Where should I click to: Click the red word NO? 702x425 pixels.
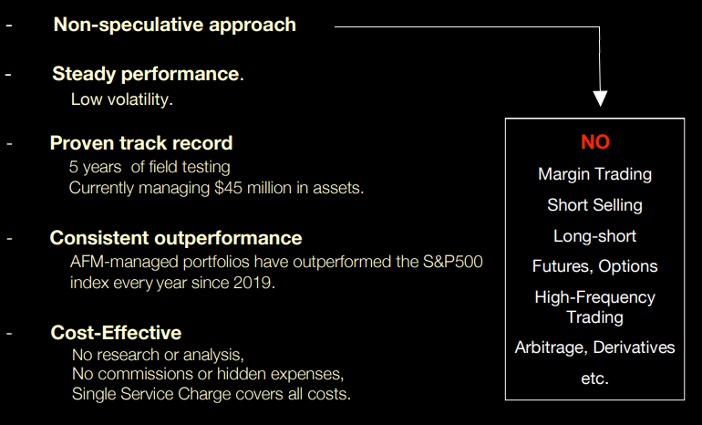tap(595, 142)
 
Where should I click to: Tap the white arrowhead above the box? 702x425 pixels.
tap(600, 98)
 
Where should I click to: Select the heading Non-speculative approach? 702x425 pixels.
tap(175, 25)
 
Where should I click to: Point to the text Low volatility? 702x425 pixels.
tap(122, 99)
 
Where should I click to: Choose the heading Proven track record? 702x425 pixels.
tap(141, 143)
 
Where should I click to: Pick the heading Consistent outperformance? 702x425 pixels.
tap(176, 238)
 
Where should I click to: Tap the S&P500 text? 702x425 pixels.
tap(452, 262)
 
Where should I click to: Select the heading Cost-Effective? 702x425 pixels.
tap(116, 333)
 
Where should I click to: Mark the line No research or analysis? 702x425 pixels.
tap(158, 355)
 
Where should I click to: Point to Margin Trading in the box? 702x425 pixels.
tap(595, 174)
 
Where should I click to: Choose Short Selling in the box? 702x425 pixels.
tap(595, 205)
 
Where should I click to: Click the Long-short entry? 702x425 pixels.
tap(595, 236)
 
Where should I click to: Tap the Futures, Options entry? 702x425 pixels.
tap(595, 266)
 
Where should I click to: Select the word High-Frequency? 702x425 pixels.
tap(595, 297)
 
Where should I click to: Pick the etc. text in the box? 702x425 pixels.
tap(595, 378)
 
